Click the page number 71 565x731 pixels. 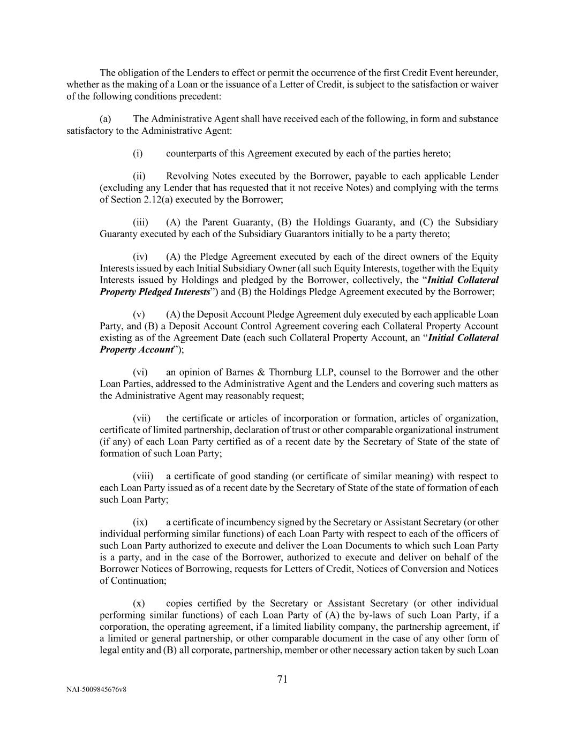tap(282, 679)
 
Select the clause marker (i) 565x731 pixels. tap(138, 154)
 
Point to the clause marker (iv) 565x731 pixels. tap(140, 257)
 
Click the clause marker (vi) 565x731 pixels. tap(140, 372)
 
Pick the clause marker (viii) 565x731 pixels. tap(142, 476)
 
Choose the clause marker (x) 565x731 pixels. tap(138, 604)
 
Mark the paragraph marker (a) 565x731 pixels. tap(106, 119)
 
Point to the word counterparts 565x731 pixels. tap(191, 154)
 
